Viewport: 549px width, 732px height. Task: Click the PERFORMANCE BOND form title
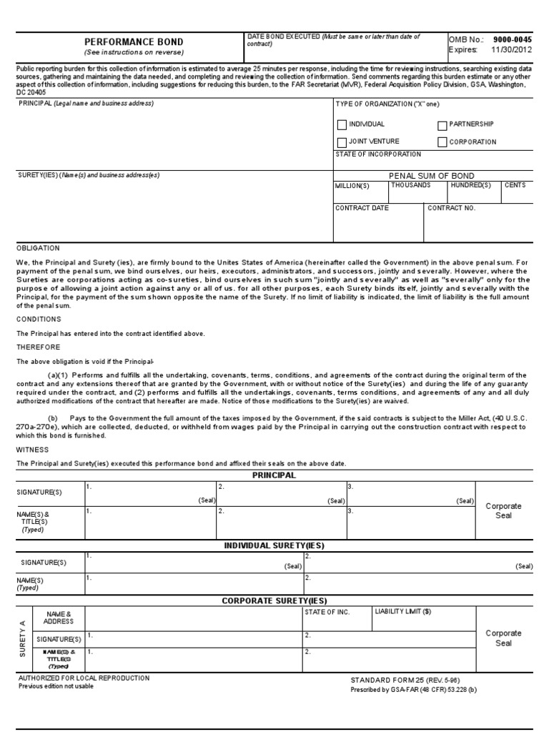click(x=134, y=42)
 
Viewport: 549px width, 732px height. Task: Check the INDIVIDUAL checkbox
click(x=342, y=125)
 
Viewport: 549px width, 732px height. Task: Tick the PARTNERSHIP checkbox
click(x=442, y=125)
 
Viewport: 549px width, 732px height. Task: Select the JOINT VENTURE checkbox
click(x=342, y=142)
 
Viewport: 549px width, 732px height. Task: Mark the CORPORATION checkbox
click(x=442, y=142)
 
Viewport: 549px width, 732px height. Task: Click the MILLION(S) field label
click(x=352, y=186)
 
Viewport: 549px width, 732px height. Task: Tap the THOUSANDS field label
click(x=410, y=185)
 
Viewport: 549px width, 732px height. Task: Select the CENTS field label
click(x=515, y=185)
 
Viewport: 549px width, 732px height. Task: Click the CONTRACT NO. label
click(x=451, y=208)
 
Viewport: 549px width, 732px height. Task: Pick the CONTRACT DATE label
click(x=362, y=208)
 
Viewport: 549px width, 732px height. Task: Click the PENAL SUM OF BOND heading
click(x=431, y=176)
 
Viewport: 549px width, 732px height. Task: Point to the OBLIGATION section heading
click(x=38, y=248)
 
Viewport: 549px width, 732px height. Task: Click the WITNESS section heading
click(x=32, y=450)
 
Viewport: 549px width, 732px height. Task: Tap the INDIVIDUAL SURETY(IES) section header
click(x=274, y=545)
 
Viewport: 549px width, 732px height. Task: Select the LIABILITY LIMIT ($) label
click(x=403, y=612)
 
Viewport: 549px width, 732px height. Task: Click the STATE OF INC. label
click(x=327, y=612)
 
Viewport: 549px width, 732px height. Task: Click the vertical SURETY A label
click(x=23, y=639)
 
